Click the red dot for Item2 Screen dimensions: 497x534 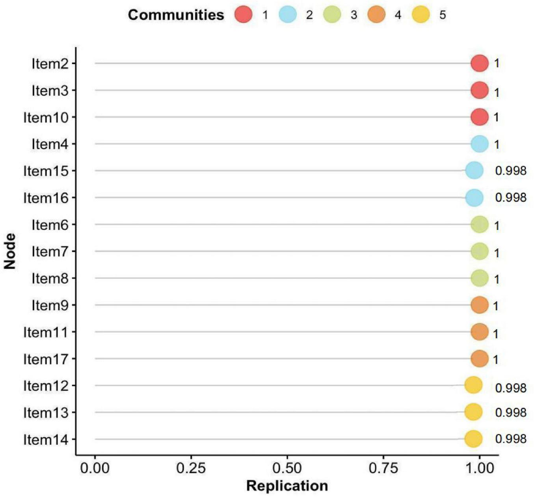click(479, 63)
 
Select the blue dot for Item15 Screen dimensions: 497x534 click(474, 171)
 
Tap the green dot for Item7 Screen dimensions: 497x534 click(479, 251)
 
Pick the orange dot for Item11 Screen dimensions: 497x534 click(479, 332)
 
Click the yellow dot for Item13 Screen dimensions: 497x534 click(473, 412)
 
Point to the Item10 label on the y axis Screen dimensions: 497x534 click(45, 117)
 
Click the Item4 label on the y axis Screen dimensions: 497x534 click(50, 144)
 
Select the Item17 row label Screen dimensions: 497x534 click(45, 359)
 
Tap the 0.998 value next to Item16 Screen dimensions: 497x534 click(510, 197)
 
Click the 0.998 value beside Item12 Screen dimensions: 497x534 click(510, 388)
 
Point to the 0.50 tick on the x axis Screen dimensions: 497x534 click(287, 468)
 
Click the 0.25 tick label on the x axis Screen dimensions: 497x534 click(191, 468)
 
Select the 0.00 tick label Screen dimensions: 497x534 click(95, 468)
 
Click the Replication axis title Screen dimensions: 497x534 click(287, 486)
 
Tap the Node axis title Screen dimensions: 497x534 click(10, 251)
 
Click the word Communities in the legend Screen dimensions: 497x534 click(176, 15)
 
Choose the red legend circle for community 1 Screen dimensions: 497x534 click(243, 15)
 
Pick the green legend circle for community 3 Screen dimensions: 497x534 click(332, 15)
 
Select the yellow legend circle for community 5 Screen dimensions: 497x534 click(421, 15)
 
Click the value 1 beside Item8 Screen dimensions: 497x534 click(497, 279)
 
